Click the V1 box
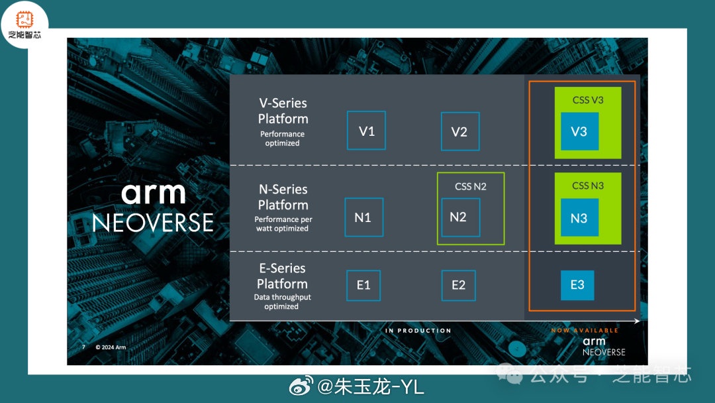tap(366, 131)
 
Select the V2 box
tap(459, 131)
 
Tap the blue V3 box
tap(579, 131)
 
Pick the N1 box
tap(363, 217)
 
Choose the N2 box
tap(458, 217)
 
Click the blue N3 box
tap(579, 217)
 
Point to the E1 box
tap(363, 286)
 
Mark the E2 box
tap(458, 286)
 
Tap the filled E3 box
tap(577, 285)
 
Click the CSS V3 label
tap(588, 100)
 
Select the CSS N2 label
tap(471, 186)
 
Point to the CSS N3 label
tap(588, 186)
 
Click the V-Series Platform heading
tap(283, 111)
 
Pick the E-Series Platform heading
tap(282, 276)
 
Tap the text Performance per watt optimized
tap(283, 224)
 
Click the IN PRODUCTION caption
tap(418, 330)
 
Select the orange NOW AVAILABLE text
tap(585, 330)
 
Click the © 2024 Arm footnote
tap(111, 347)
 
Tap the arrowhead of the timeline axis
tap(637, 321)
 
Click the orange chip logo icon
tap(24, 19)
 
